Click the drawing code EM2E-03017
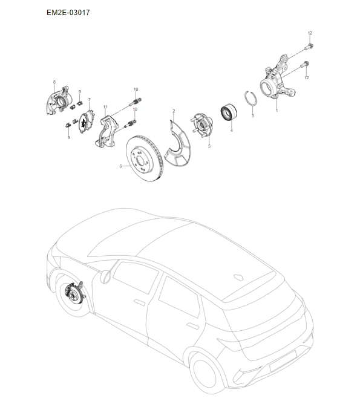coord(68,12)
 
